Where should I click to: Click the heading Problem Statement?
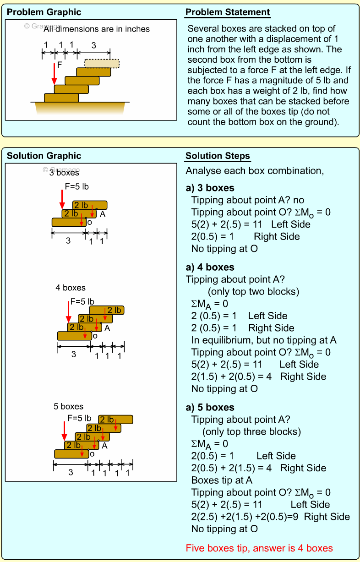228,12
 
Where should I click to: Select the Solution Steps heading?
218,156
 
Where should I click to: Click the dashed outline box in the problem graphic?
102,63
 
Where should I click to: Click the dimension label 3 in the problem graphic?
94,45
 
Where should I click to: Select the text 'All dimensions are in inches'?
97,29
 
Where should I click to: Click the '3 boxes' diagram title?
64,173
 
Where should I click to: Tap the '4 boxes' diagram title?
71,288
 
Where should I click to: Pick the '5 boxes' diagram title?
69,406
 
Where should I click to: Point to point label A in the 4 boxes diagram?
107,328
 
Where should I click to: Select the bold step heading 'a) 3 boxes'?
210,188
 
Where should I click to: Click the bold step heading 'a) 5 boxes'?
210,407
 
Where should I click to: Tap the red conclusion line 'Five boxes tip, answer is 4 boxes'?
259,548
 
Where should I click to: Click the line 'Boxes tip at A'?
222,480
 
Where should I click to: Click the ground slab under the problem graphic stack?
80,108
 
